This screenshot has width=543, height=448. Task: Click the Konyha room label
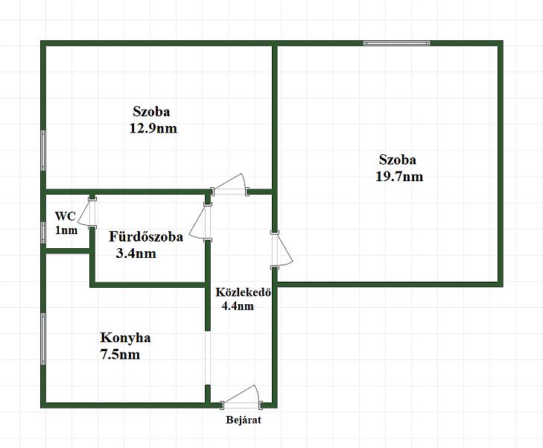click(125, 338)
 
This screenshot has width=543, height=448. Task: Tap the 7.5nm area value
click(119, 355)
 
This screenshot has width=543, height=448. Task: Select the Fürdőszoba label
click(146, 237)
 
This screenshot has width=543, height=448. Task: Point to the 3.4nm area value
click(136, 253)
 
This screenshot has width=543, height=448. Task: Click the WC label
click(65, 216)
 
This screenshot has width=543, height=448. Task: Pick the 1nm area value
click(66, 230)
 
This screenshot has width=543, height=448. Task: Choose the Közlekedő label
click(242, 291)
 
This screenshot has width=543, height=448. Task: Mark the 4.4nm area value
click(238, 305)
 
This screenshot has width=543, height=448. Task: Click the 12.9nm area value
click(153, 128)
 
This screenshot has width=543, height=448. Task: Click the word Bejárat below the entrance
click(244, 420)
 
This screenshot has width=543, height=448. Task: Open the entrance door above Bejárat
click(241, 399)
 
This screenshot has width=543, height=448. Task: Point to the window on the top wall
click(396, 44)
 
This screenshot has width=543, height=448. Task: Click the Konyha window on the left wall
click(44, 338)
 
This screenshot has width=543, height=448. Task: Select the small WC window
click(44, 229)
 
